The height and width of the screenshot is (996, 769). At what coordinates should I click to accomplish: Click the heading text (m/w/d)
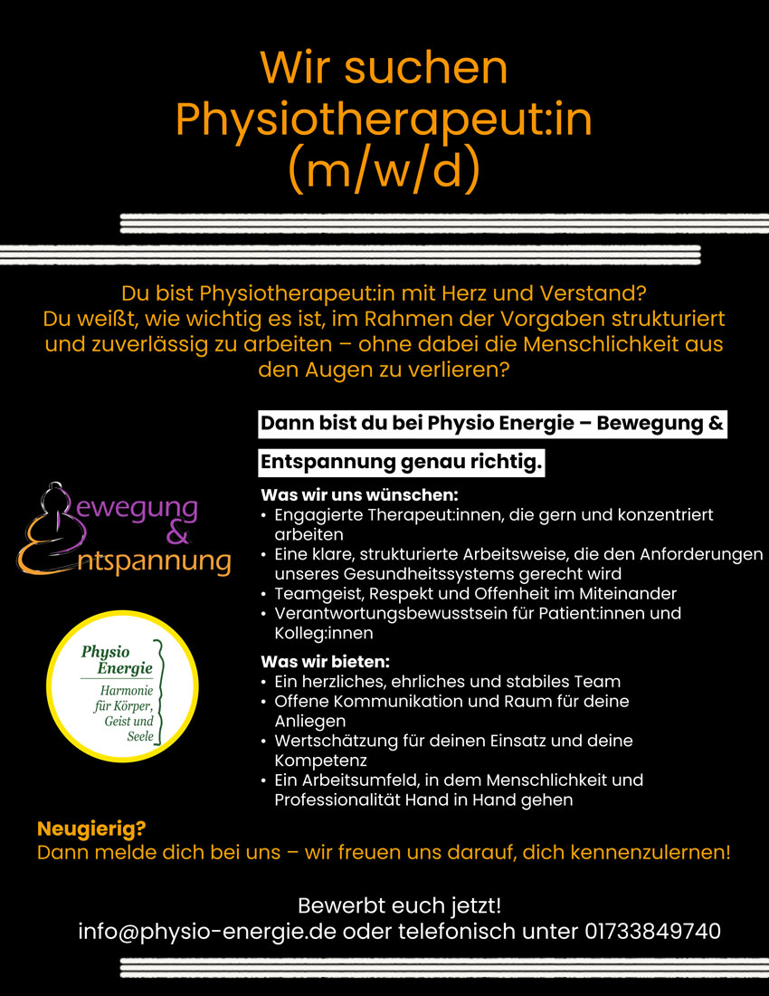383,168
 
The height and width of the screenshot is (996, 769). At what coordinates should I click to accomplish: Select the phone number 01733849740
652,931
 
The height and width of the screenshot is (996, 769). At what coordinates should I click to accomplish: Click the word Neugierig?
91,828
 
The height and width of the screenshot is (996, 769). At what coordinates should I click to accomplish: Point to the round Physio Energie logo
122,687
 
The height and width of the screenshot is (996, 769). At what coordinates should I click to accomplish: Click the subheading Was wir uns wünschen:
359,495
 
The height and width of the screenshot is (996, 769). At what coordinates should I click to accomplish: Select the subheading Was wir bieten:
325,661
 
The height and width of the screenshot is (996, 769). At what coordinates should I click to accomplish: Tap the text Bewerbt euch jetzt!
399,905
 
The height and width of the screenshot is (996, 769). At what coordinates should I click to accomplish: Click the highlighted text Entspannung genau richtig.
402,463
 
